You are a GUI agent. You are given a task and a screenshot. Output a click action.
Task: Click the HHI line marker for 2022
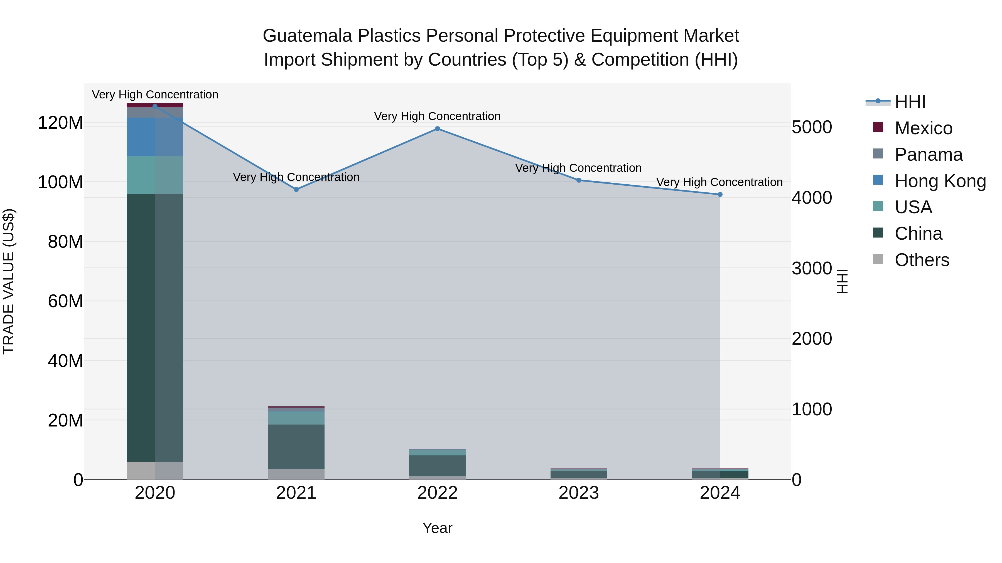pos(437,129)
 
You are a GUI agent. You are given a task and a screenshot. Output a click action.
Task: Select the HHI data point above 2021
pos(296,190)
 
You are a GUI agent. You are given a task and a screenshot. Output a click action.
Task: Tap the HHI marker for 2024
pos(719,194)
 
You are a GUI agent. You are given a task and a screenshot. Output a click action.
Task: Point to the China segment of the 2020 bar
pos(155,327)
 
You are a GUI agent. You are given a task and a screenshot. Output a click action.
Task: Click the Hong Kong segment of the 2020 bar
pos(155,137)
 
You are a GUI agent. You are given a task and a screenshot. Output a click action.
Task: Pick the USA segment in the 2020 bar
pos(155,175)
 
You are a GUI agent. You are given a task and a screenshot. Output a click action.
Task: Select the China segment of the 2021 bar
pos(296,447)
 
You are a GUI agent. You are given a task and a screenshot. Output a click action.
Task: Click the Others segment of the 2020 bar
pos(155,470)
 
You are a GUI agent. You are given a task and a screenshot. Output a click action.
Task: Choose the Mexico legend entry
pos(923,128)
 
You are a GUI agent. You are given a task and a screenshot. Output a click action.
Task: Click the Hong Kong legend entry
pos(940,181)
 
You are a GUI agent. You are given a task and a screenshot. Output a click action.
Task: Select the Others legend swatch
pos(878,259)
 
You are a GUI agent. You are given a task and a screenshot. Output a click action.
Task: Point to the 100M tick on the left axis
pos(60,182)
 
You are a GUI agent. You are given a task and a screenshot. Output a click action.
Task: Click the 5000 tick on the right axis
pos(812,127)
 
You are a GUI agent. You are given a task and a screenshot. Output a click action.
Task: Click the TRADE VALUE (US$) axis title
pos(9,281)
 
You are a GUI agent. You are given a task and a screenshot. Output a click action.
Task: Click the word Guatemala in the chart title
pos(307,36)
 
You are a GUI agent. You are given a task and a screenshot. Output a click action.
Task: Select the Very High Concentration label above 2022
pos(437,116)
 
